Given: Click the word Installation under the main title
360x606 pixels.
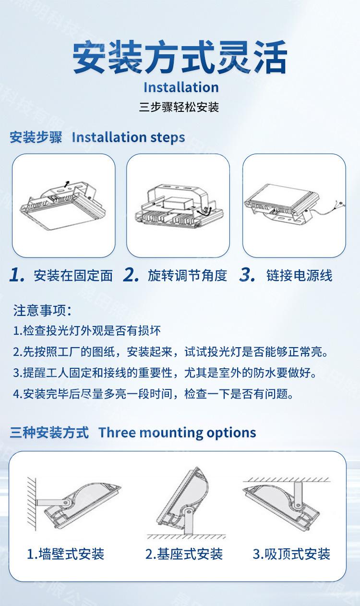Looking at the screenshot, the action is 181,87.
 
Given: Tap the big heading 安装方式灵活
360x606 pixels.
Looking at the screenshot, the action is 180,57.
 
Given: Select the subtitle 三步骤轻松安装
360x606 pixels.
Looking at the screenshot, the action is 179,107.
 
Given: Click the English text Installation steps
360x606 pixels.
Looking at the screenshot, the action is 129,137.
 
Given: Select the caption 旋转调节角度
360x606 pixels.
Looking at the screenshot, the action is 187,276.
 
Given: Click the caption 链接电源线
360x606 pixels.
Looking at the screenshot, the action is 300,276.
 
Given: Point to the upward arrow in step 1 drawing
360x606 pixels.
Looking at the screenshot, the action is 67,184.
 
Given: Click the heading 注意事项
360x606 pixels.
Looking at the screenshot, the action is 42,310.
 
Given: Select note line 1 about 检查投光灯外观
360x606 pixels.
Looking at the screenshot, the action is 87,330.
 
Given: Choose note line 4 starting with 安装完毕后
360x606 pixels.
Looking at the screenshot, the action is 153,394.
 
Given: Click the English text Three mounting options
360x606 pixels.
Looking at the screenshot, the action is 177,432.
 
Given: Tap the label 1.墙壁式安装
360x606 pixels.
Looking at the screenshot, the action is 66,554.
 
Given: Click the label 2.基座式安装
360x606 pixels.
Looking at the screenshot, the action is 184,554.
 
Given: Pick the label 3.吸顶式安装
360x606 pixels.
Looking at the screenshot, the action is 291,554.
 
